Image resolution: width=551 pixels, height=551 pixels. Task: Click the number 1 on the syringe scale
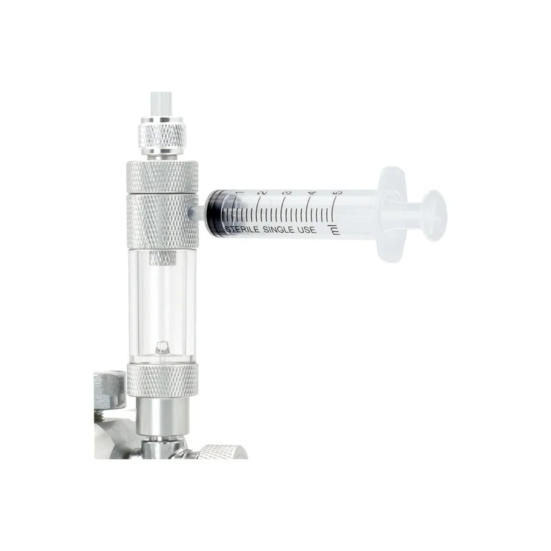click(x=240, y=193)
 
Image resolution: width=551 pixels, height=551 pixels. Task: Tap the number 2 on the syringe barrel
click(x=263, y=193)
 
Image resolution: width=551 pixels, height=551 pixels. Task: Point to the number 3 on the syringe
click(x=287, y=193)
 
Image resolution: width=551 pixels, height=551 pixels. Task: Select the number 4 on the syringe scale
click(x=313, y=193)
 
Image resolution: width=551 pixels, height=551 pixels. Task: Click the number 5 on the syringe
click(x=337, y=193)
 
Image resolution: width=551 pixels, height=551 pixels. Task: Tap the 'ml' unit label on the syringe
click(x=335, y=230)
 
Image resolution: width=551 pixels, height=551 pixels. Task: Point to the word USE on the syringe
click(x=306, y=230)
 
